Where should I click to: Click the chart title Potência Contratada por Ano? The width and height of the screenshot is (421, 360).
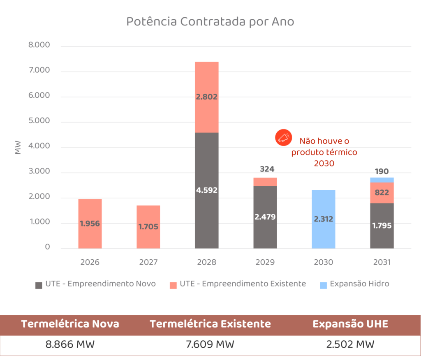pos(210,21)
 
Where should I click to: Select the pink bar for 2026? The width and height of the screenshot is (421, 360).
pos(90,224)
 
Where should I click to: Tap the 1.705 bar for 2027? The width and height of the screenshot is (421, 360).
pos(148,226)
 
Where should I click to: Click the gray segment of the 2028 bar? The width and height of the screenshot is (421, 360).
pos(206,190)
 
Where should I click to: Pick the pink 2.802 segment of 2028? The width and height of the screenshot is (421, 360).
pos(206,97)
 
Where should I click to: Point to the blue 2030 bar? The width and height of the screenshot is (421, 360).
pos(324,219)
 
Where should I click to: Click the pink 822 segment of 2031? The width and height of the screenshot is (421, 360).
pos(382,192)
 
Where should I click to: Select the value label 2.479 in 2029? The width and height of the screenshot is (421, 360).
pos(265,217)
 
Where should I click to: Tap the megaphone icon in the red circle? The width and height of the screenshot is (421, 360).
pos(283,138)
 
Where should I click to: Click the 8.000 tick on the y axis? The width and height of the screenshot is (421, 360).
pos(39,45)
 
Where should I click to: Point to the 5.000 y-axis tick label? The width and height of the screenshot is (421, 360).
pos(39,121)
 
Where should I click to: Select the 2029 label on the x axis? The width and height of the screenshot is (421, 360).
pos(265,262)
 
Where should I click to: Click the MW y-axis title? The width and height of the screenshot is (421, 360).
pos(18,148)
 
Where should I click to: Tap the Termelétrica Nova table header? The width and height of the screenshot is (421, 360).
pos(70,324)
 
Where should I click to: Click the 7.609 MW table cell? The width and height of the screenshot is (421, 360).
pos(210,344)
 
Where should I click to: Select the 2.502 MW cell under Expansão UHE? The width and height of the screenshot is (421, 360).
pos(350,344)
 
